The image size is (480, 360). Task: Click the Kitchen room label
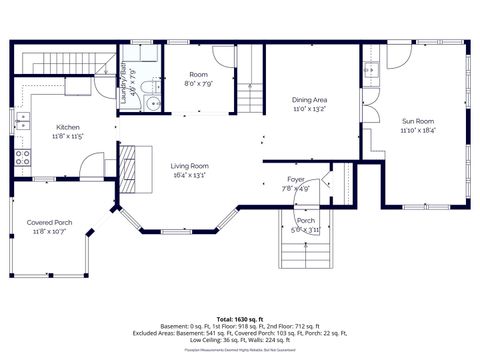tap(68, 127)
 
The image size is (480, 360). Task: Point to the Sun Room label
tap(419, 122)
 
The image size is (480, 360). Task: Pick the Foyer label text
tap(296, 179)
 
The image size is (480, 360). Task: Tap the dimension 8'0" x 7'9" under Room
tap(199, 84)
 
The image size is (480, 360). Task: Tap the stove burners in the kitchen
tap(21, 156)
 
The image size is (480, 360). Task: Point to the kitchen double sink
tap(21, 121)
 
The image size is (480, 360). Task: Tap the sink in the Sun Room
tap(371, 72)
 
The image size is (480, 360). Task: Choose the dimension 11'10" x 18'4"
tap(419, 131)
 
